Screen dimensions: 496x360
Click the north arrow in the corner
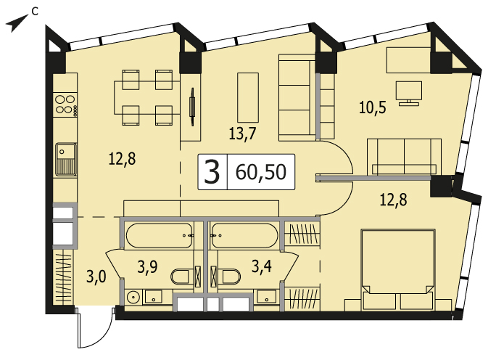[16, 24]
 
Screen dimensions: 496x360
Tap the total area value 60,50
[261, 172]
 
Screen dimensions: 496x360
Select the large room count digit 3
[212, 172]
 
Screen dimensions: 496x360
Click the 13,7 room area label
[242, 134]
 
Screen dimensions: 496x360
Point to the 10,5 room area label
[373, 107]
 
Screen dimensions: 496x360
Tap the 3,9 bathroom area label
[148, 266]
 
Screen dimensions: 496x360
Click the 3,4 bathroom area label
[261, 266]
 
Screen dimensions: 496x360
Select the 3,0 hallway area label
[96, 277]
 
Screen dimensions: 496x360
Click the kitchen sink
[66, 159]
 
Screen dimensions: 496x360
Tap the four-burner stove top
[65, 105]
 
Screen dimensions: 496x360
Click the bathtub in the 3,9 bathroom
[159, 236]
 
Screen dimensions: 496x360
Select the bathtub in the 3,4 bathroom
[245, 236]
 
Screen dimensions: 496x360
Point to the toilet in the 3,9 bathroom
[182, 277]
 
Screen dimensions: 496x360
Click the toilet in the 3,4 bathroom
[229, 277]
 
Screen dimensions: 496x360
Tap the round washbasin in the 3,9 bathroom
[133, 297]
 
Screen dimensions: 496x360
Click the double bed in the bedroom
[398, 270]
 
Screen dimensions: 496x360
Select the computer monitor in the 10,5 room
[409, 93]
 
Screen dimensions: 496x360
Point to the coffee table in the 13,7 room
[248, 97]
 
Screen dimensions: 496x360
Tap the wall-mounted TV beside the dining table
[191, 107]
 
